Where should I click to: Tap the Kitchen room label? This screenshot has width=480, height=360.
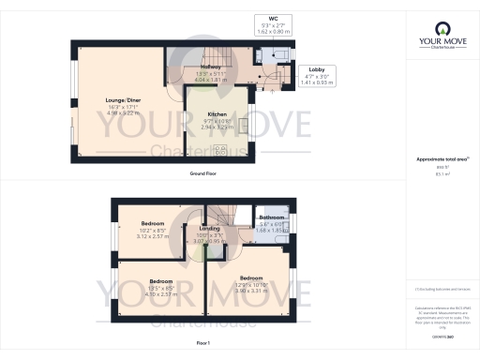coord(217,115)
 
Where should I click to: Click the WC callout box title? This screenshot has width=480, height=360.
coord(274,19)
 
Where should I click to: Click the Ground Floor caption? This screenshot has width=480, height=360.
coord(202,174)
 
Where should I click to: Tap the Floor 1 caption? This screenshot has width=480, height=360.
coord(202,344)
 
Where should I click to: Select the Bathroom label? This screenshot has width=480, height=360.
coord(272,217)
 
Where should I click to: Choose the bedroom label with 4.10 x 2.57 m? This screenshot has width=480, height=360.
coord(161,280)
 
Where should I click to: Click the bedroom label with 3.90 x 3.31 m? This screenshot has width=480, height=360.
coord(251,277)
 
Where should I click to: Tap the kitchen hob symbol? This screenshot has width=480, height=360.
coord(221,150)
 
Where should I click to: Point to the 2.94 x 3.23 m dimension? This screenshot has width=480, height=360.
coord(217,127)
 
